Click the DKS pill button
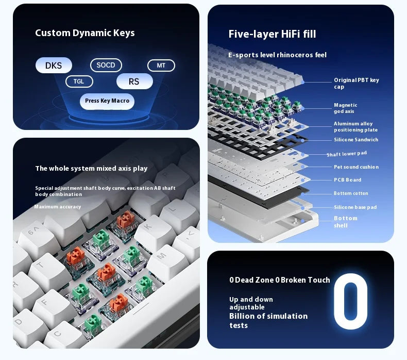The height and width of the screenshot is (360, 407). (54, 66)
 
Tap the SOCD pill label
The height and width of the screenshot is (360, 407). (106, 65)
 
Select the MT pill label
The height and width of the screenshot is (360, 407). (161, 66)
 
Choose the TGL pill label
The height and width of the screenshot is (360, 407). (79, 81)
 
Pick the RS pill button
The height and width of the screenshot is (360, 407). (134, 81)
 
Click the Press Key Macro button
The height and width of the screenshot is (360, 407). (107, 101)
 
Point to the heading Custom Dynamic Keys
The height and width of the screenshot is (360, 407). (84, 33)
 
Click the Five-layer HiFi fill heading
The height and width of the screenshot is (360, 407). (272, 34)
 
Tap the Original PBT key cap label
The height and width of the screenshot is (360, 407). (356, 84)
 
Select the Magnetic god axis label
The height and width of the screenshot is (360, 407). (345, 108)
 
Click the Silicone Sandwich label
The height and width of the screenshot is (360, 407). (355, 140)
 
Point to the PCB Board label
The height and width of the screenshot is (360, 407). (347, 180)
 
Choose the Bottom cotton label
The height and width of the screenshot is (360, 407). (350, 193)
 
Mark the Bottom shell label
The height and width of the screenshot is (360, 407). (345, 222)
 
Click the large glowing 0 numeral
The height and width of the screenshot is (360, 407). (350, 301)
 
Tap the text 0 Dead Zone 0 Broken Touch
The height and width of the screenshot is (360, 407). (279, 280)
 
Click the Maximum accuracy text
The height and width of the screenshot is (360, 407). (58, 207)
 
